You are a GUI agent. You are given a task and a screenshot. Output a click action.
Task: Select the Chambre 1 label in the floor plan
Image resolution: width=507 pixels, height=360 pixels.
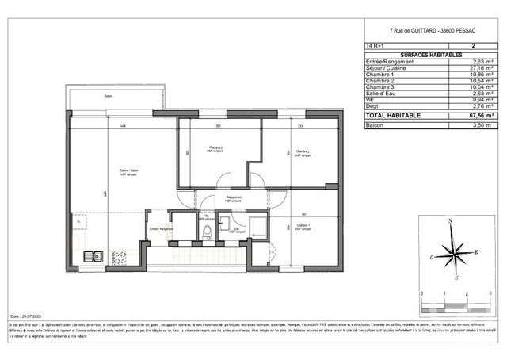(x=303, y=226)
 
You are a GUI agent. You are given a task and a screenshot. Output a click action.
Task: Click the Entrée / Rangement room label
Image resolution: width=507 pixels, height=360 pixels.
(x=161, y=228)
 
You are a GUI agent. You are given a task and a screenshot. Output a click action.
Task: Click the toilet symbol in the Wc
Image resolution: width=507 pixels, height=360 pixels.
(x=206, y=232)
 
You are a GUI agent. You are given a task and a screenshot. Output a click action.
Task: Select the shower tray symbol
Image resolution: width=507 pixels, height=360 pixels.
(x=257, y=231)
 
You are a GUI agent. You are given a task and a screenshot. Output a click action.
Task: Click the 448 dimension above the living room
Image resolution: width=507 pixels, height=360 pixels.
(x=123, y=126)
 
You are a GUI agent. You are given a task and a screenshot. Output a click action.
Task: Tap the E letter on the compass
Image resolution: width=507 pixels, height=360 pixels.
(x=477, y=251)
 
